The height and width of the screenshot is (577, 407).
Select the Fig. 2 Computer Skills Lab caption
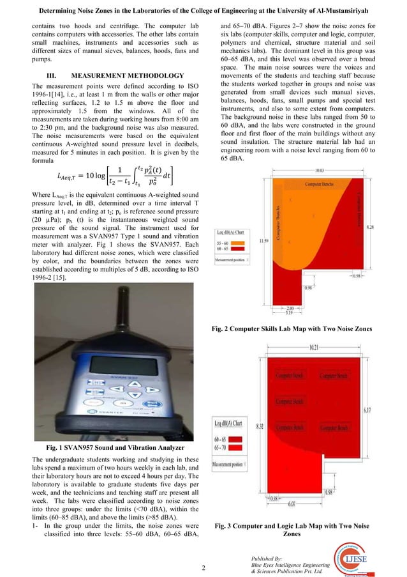300,328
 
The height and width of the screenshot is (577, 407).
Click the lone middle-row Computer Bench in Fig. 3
289,401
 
